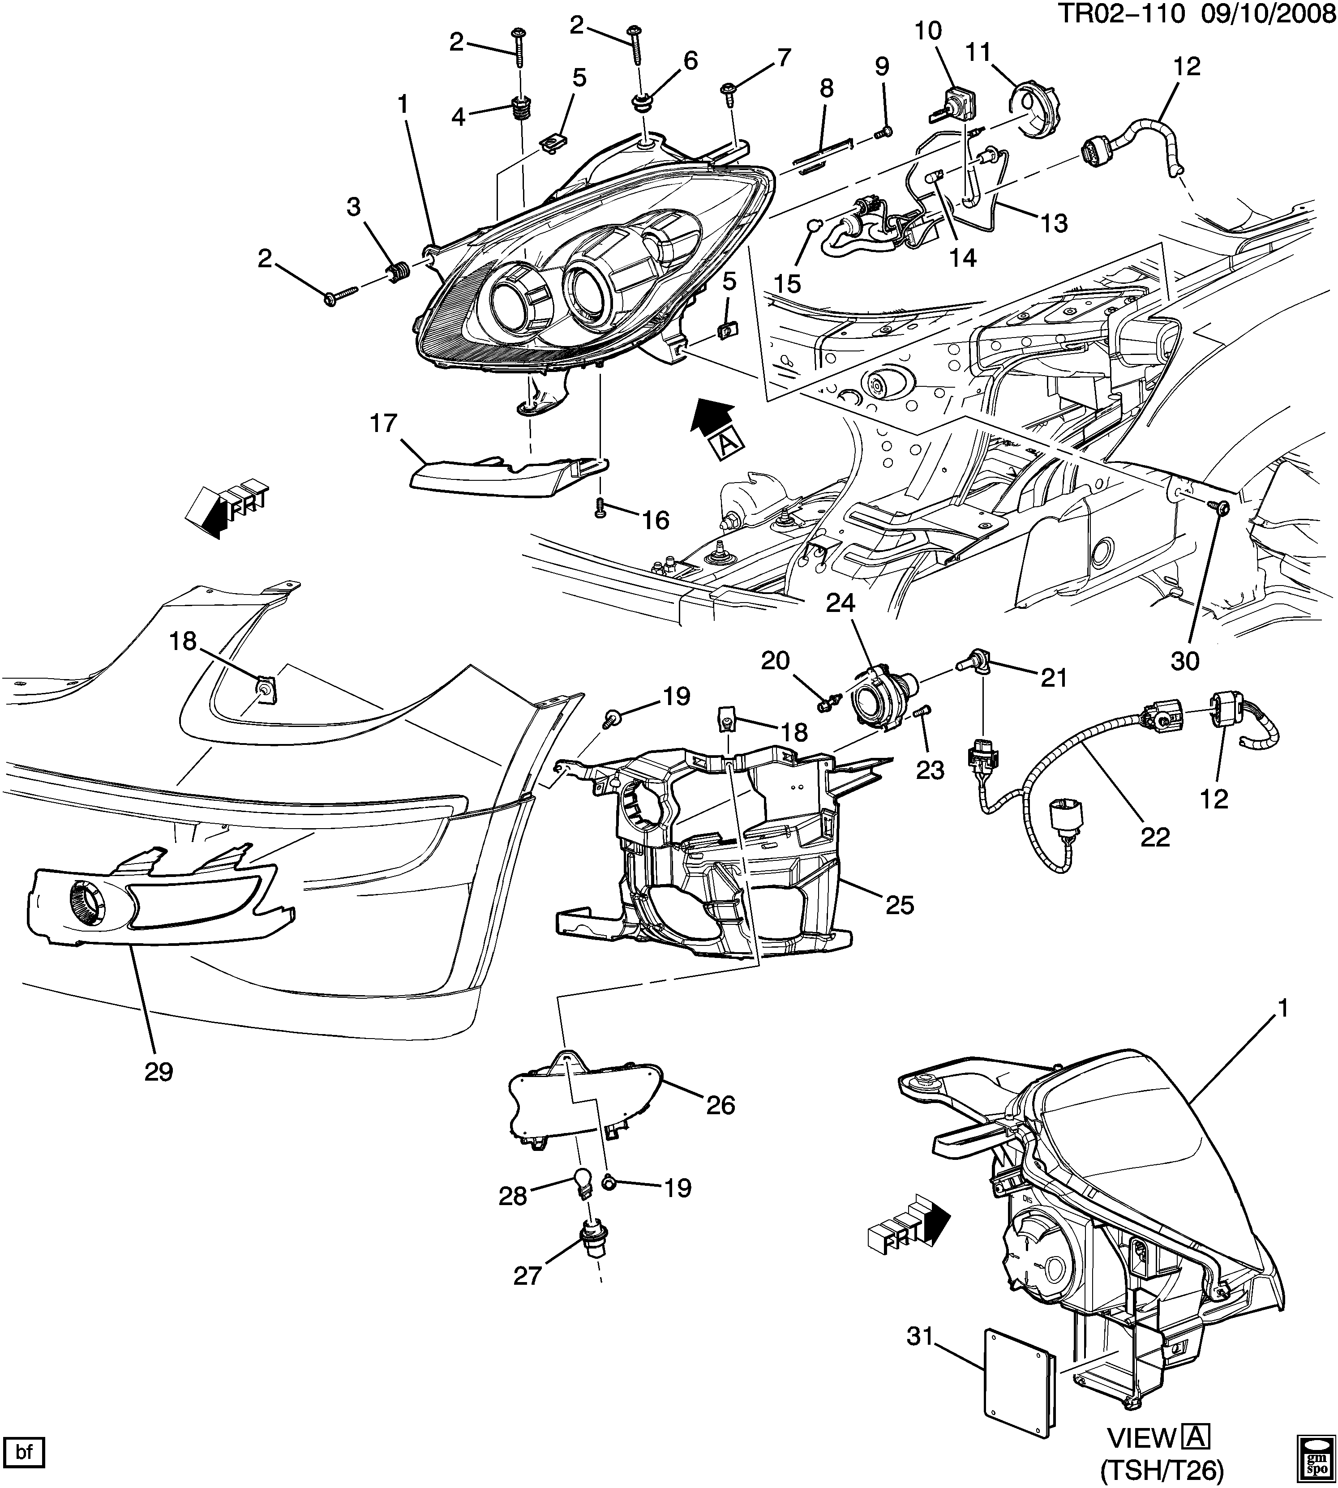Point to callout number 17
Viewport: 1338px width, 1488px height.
tap(384, 424)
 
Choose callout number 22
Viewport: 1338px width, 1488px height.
tap(1155, 837)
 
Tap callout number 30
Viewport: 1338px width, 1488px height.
tap(1184, 661)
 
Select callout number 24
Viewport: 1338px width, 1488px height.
tap(841, 603)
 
